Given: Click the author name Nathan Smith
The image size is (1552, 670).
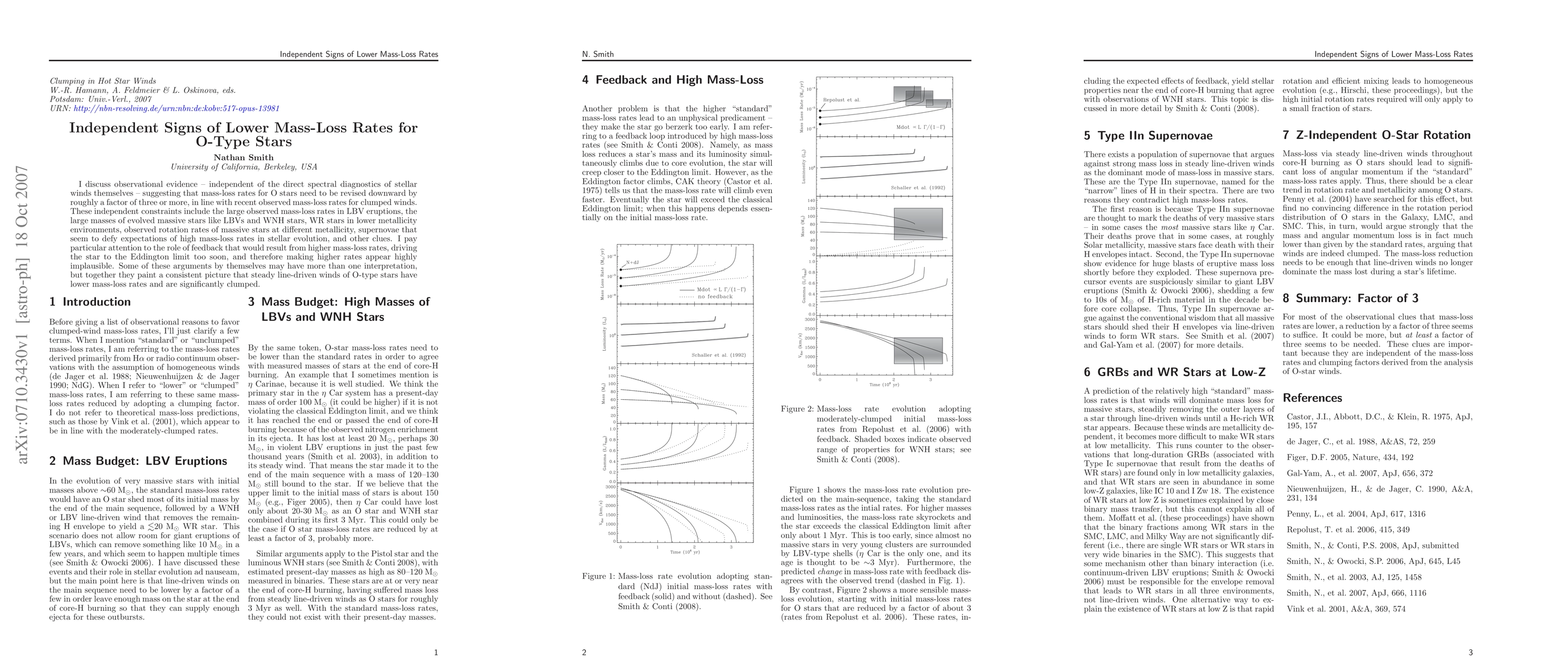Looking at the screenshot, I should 243,157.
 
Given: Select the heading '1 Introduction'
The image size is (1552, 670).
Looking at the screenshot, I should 90,302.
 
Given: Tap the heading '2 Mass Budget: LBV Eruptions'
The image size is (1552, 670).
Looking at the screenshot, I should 138,461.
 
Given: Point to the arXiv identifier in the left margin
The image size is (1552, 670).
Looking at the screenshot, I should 23,314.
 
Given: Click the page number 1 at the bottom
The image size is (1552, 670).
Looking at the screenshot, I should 436,652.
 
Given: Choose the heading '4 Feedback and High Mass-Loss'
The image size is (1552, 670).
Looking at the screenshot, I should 672,80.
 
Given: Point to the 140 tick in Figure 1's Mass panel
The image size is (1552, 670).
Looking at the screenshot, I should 612,367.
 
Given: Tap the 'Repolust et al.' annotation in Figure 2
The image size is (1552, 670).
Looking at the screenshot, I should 842,99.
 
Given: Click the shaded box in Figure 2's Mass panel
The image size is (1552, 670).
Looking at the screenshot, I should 917,223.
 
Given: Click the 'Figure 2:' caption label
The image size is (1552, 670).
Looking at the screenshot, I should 797,409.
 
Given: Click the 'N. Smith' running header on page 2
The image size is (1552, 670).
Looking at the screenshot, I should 598,54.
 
